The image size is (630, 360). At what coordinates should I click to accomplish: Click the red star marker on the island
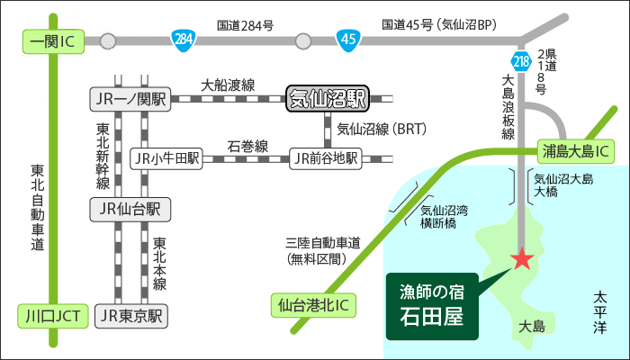click(521, 260)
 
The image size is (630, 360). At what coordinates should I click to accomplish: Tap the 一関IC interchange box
click(51, 40)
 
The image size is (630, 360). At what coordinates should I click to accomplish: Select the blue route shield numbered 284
click(183, 40)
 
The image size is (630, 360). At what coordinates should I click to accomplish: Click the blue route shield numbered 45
click(347, 40)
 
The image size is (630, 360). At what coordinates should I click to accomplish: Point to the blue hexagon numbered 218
click(520, 62)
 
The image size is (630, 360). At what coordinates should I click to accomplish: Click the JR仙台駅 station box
click(130, 210)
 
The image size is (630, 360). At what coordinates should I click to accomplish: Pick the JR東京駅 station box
click(131, 316)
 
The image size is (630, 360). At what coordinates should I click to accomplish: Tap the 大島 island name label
click(534, 326)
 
